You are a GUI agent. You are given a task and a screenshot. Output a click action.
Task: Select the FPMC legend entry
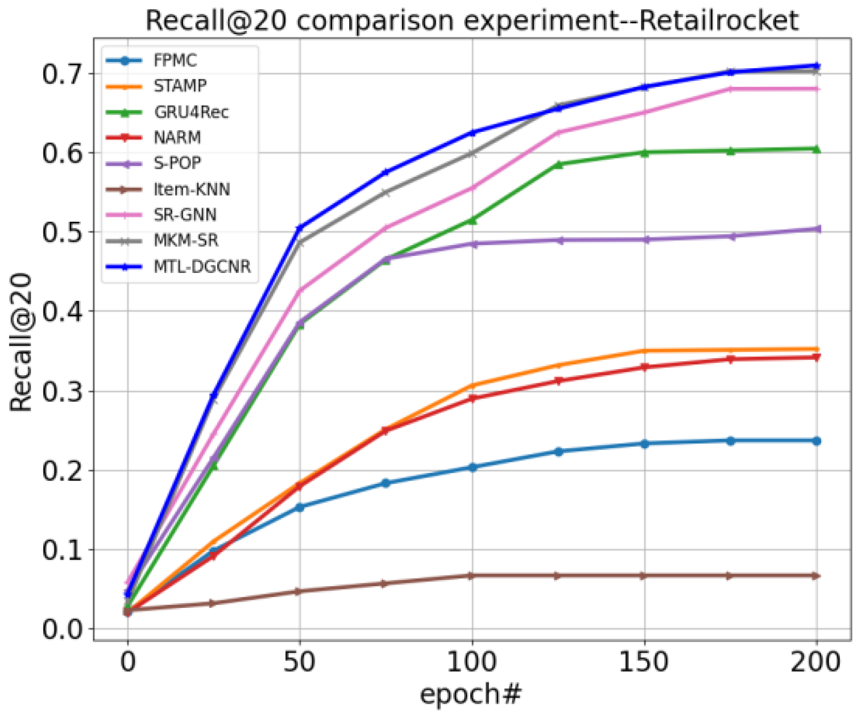(x=175, y=60)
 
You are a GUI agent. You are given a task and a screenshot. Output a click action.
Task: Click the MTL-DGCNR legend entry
(x=202, y=266)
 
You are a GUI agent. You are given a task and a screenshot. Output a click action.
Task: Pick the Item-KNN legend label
(x=192, y=189)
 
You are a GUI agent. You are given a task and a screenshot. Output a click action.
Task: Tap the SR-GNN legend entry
(x=185, y=215)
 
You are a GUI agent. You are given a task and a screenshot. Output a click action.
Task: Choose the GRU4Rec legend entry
(x=191, y=112)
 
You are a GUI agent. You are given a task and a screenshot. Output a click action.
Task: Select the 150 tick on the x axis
(x=644, y=662)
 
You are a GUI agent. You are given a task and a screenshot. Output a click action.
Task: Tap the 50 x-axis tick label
(x=300, y=662)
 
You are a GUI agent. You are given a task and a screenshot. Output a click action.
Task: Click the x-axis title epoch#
(x=470, y=694)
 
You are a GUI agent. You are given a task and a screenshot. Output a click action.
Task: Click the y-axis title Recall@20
(x=22, y=342)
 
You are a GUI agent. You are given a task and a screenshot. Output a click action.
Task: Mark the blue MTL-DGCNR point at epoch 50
(x=300, y=228)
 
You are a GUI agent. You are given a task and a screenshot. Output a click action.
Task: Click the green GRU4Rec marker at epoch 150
(x=644, y=152)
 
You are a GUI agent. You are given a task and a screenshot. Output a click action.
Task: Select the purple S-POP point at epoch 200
(x=817, y=229)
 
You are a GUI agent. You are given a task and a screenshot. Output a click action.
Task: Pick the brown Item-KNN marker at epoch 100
(x=471, y=576)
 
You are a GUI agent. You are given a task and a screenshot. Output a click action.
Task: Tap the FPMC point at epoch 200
(x=817, y=441)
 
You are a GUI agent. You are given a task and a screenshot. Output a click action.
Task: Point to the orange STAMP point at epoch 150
(x=644, y=351)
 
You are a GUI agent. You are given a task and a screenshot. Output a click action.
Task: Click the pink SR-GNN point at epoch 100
(x=471, y=188)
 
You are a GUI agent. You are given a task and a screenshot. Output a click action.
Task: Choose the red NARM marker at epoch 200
(x=817, y=357)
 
